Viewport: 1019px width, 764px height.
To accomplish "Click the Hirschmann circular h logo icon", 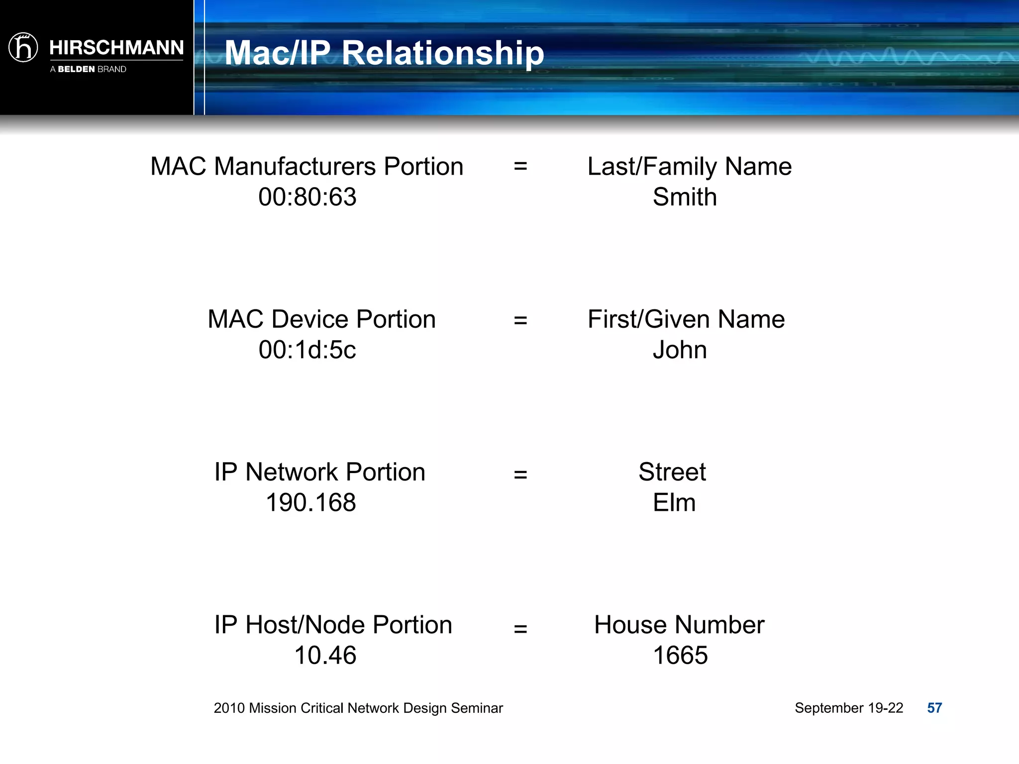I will pos(23,48).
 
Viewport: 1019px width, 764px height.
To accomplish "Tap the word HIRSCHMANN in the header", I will pos(116,48).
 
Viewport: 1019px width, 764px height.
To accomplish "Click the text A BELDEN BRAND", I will pos(88,69).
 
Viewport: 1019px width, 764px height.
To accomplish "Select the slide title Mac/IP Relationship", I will pos(384,53).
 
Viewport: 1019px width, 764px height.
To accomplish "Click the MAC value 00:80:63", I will pos(307,197).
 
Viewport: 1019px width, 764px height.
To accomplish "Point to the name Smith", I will pos(685,197).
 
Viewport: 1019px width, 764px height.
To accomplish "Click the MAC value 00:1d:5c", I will pos(307,350).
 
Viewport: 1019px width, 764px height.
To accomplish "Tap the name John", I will pos(680,350).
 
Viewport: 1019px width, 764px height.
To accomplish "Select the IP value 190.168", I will pos(311,502).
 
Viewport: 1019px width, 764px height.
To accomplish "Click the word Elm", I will pos(674,502).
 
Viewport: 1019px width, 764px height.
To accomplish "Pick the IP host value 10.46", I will pos(325,655).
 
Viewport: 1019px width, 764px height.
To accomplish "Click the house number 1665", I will pos(680,655).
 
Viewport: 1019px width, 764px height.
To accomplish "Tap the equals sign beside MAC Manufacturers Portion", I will pos(520,166).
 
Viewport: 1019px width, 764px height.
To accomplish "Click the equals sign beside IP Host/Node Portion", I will pos(520,629).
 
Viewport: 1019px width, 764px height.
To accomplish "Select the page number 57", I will pos(934,708).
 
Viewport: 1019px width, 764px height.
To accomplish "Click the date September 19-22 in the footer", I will pos(848,708).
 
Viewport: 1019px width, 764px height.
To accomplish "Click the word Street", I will pos(672,472).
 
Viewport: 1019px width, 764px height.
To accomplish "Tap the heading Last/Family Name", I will pos(689,166).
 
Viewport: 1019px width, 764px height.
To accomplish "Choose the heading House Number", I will pos(679,625).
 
